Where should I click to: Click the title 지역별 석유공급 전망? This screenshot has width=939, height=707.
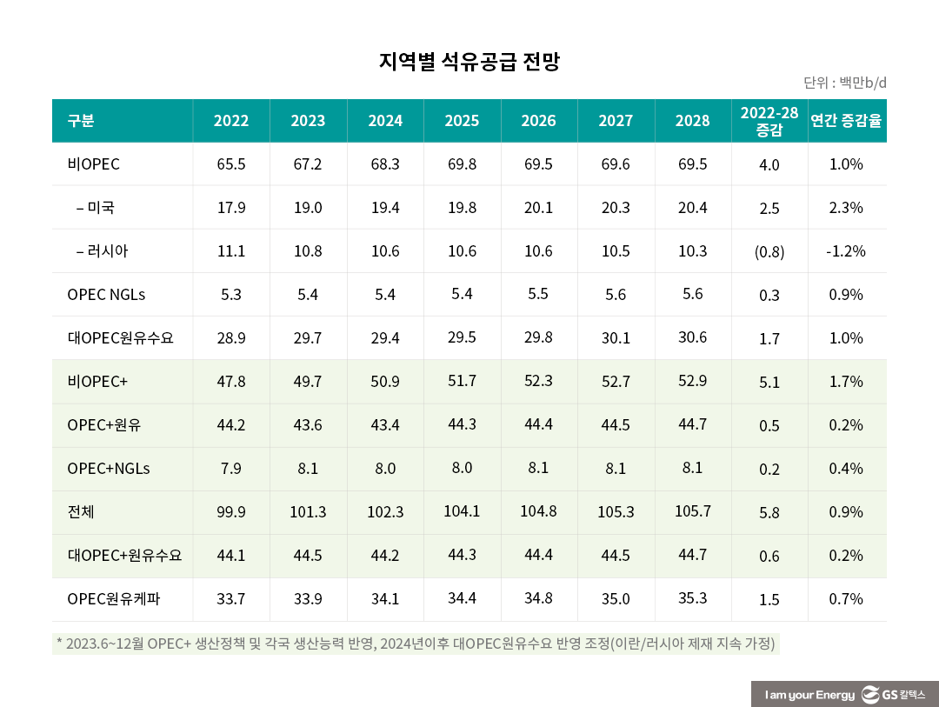[469, 62]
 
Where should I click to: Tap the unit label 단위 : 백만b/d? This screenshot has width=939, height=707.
[844, 83]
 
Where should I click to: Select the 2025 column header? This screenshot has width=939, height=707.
[462, 121]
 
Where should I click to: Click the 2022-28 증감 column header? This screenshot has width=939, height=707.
[769, 121]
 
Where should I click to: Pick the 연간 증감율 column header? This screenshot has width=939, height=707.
[846, 121]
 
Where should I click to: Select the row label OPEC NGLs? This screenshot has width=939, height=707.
[106, 295]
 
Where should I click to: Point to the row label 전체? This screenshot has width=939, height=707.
[81, 512]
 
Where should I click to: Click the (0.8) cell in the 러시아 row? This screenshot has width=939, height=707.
[769, 252]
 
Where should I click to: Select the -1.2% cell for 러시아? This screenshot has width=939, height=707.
[846, 251]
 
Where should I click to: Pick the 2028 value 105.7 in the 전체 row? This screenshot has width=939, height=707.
[692, 511]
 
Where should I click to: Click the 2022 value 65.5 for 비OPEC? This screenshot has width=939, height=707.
[231, 164]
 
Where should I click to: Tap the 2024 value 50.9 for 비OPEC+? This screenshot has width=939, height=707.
[385, 382]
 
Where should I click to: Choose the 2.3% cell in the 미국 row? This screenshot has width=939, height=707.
[846, 208]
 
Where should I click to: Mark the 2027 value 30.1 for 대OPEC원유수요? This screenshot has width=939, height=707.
[616, 338]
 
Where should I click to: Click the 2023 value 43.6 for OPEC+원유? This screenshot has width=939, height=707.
[308, 425]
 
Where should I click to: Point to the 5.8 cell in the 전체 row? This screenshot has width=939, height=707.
[769, 513]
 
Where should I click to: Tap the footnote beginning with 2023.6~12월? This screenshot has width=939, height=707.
[415, 644]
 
